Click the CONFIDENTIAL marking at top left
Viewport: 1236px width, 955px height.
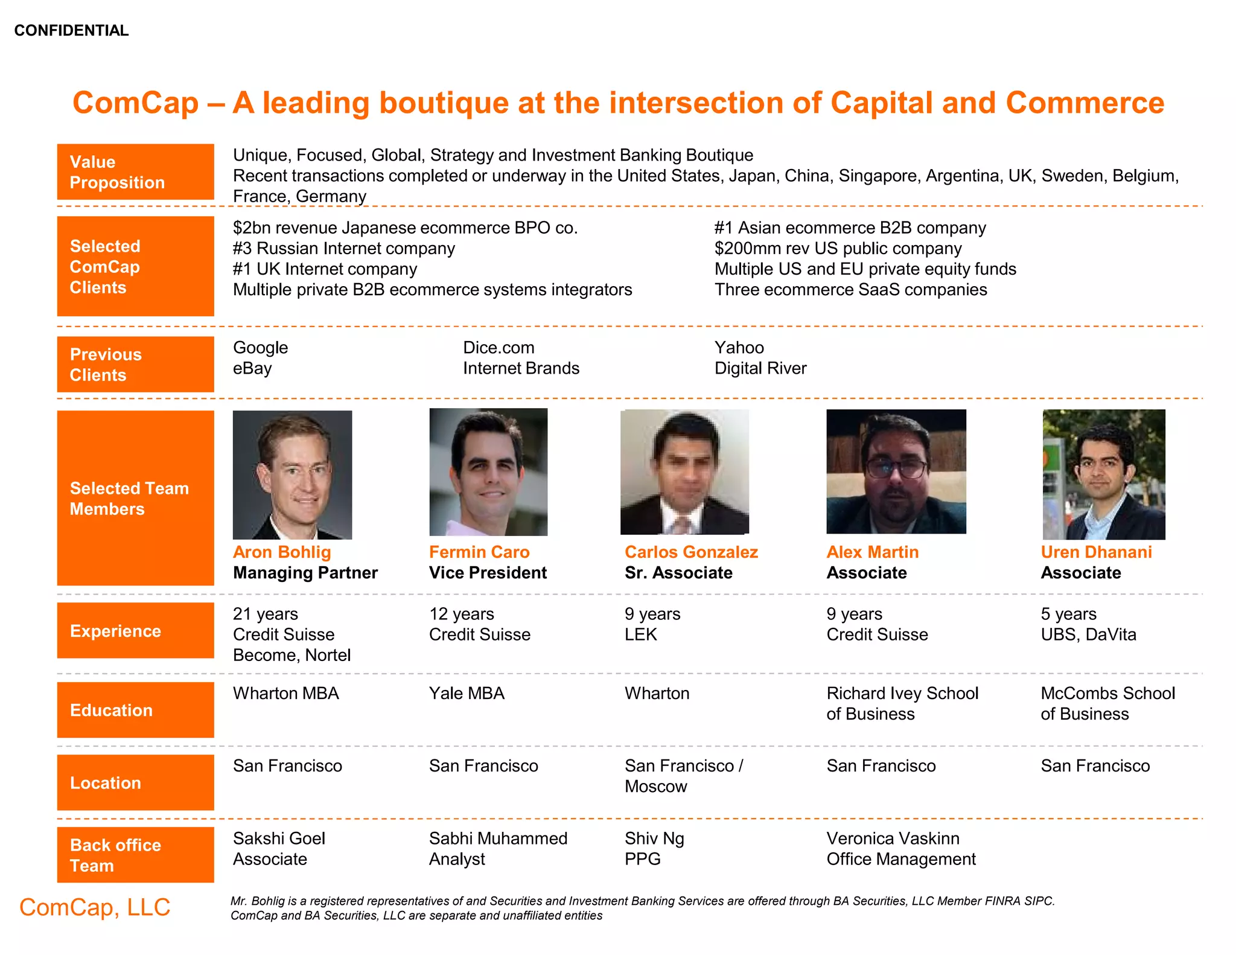pyautogui.click(x=71, y=30)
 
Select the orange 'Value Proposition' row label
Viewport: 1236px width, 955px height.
pyautogui.click(x=135, y=172)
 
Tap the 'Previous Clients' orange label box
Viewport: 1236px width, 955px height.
pyautogui.click(x=135, y=365)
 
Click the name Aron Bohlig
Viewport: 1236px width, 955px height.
pyautogui.click(x=282, y=552)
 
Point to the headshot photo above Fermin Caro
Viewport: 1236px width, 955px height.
pyautogui.click(x=488, y=472)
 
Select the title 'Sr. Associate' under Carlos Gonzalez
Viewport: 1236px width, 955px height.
pyautogui.click(x=678, y=573)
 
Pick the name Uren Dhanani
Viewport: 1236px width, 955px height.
pyautogui.click(x=1096, y=552)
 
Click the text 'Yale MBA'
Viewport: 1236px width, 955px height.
pyautogui.click(x=467, y=693)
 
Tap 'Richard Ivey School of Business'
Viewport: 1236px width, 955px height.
pyautogui.click(x=902, y=703)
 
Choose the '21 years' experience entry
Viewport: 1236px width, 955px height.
pyautogui.click(x=266, y=614)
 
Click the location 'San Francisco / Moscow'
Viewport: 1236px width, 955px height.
pyautogui.click(x=683, y=776)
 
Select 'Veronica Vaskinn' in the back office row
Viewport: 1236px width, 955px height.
pyautogui.click(x=893, y=838)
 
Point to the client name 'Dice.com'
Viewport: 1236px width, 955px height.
pyautogui.click(x=499, y=348)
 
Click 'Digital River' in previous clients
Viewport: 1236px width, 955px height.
pyautogui.click(x=760, y=368)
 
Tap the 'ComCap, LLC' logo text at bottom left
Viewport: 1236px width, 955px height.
pyautogui.click(x=95, y=907)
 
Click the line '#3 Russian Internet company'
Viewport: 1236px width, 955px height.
pyautogui.click(x=344, y=249)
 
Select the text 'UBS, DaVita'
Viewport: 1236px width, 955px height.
pyautogui.click(x=1088, y=634)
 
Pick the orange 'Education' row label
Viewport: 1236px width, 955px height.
pyautogui.click(x=135, y=710)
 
